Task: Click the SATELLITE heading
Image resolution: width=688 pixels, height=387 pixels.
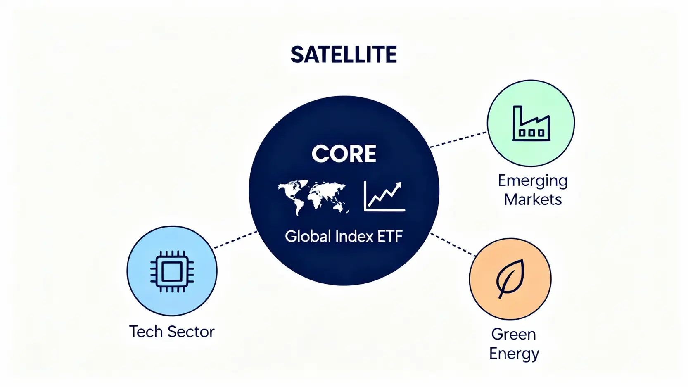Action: tap(344, 55)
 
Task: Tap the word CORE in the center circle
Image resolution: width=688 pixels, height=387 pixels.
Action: tap(344, 154)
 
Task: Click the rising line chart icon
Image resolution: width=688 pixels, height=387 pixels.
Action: tap(384, 196)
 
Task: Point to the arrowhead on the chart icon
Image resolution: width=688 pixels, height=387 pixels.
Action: tap(398, 185)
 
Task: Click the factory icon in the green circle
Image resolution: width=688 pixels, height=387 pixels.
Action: tap(531, 123)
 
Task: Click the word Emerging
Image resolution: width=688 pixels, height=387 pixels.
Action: tap(533, 181)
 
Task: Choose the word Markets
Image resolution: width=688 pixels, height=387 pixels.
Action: tap(533, 199)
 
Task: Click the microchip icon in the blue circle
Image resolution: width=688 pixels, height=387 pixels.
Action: tap(172, 271)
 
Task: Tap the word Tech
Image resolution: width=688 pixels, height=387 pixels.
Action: tap(146, 332)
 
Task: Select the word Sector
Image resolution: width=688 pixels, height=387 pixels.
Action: tap(191, 332)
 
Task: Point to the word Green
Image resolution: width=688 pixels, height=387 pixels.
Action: tap(514, 334)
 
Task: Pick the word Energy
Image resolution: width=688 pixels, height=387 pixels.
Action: tap(514, 354)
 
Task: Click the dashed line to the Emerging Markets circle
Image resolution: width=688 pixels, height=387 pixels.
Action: tap(458, 140)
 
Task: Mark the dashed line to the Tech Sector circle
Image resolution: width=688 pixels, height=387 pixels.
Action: tap(235, 240)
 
